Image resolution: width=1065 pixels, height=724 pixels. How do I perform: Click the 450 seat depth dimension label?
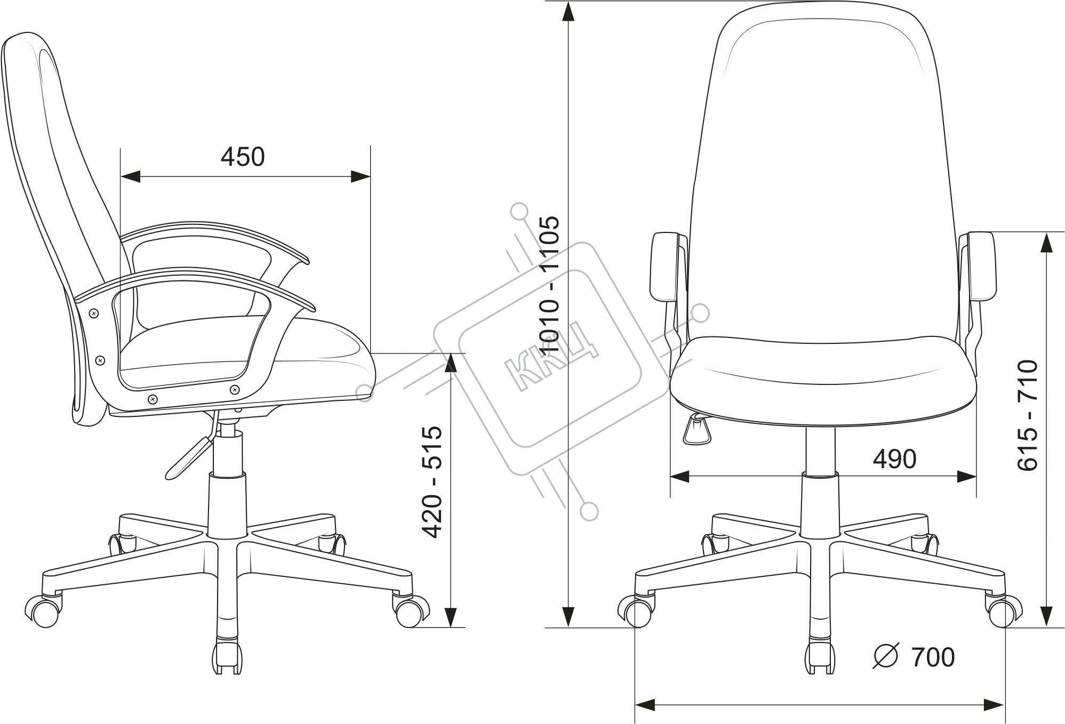tap(243, 157)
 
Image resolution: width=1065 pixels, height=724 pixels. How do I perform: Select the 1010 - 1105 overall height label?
tap(549, 284)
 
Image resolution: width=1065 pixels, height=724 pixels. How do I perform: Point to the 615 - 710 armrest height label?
tap(1027, 415)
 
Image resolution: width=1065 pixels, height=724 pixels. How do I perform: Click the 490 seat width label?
tap(894, 458)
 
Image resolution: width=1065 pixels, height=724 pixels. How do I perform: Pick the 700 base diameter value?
tap(933, 657)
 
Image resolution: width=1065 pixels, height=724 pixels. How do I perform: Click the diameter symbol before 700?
tap(886, 657)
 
